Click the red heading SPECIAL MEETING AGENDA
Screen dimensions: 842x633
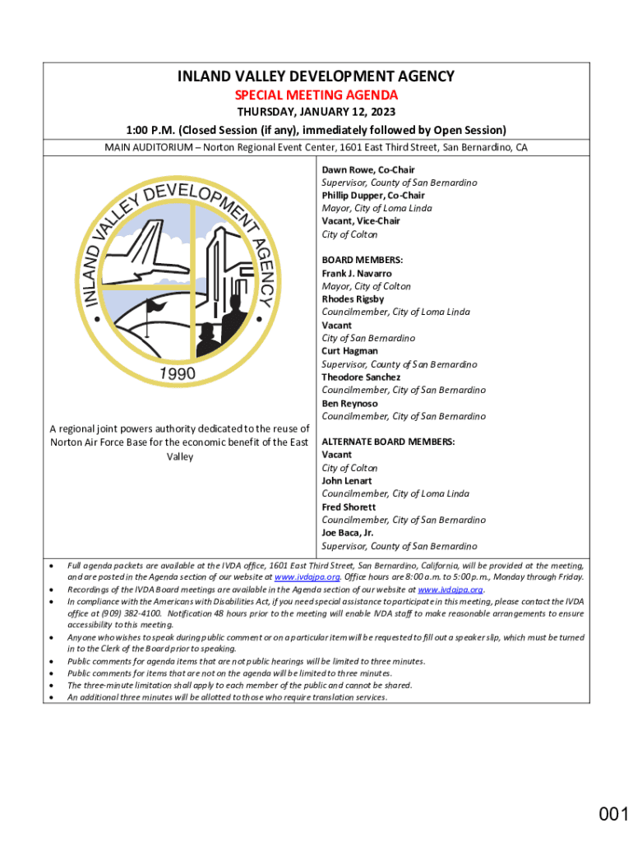[x=316, y=95]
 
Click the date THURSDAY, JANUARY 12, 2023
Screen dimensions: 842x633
[x=316, y=112]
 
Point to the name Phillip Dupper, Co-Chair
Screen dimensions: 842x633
[x=373, y=196]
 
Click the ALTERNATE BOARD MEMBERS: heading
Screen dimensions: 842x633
[x=388, y=442]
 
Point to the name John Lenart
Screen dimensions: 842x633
[x=347, y=480]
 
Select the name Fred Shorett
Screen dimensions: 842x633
[x=349, y=507]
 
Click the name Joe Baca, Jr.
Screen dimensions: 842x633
[x=348, y=533]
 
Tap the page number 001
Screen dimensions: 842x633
[x=613, y=814]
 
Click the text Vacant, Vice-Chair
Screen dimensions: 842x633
[x=361, y=221]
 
